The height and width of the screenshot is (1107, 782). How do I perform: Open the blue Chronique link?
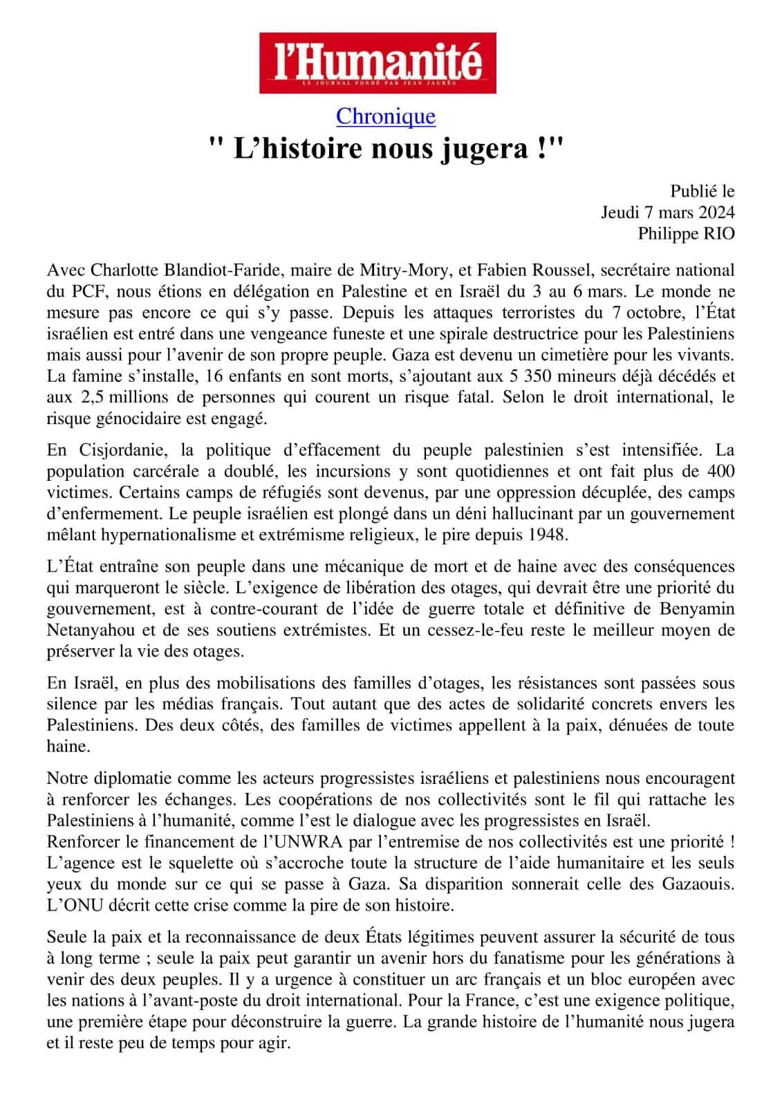tap(386, 116)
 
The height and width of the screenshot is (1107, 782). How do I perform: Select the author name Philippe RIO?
tap(686, 233)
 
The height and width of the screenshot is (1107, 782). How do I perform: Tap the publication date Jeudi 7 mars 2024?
tap(667, 212)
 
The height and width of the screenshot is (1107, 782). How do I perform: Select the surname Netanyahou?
tap(88, 630)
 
